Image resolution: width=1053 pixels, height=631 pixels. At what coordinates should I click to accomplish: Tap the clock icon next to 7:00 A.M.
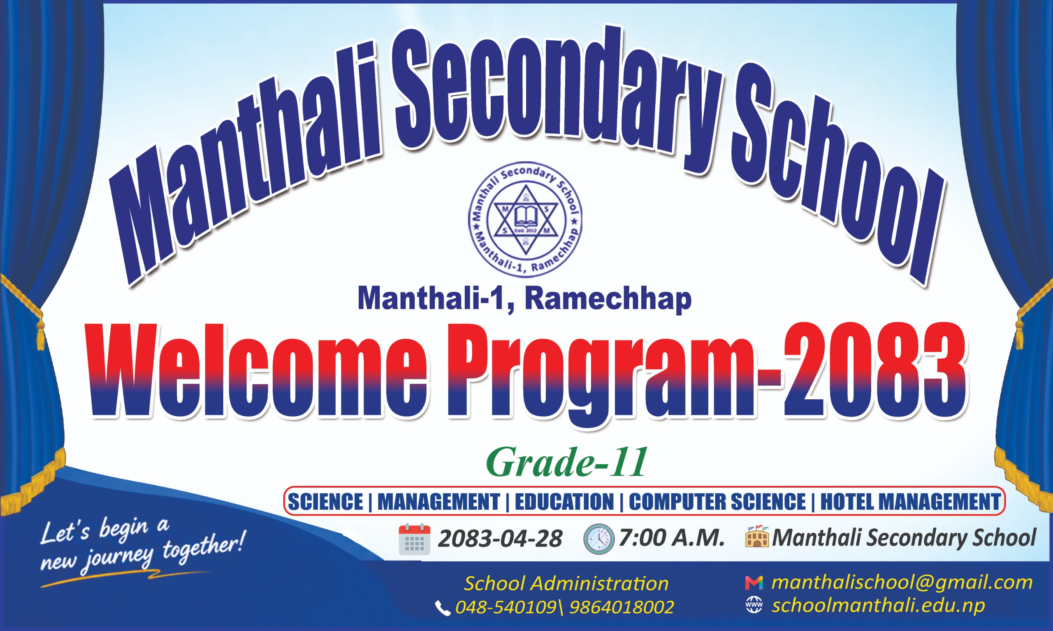pyautogui.click(x=598, y=539)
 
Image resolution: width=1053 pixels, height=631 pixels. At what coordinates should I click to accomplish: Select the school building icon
pyautogui.click(x=757, y=536)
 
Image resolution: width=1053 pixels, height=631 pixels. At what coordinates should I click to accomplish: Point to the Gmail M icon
pyautogui.click(x=754, y=583)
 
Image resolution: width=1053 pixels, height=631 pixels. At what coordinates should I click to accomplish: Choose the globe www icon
pyautogui.click(x=754, y=605)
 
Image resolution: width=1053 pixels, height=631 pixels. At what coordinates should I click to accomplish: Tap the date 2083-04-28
pyautogui.click(x=500, y=539)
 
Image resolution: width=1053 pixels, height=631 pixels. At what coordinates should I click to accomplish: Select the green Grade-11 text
pyautogui.click(x=566, y=463)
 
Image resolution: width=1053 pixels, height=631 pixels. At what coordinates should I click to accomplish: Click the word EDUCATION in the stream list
pyautogui.click(x=564, y=502)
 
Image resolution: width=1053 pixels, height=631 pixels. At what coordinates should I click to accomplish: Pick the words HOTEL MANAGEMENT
pyautogui.click(x=910, y=502)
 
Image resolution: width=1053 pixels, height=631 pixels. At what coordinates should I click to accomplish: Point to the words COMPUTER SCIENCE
pyautogui.click(x=717, y=502)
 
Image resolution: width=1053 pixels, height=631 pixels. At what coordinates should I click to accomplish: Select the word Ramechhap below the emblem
pyautogui.click(x=608, y=299)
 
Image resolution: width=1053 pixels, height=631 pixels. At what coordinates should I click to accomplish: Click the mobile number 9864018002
pyautogui.click(x=622, y=608)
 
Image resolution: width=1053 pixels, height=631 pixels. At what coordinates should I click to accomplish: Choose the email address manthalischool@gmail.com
pyautogui.click(x=902, y=583)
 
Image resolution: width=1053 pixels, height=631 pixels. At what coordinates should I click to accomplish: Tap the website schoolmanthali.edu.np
pyautogui.click(x=879, y=606)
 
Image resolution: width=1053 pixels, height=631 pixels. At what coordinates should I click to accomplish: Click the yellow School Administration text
pyautogui.click(x=566, y=584)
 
